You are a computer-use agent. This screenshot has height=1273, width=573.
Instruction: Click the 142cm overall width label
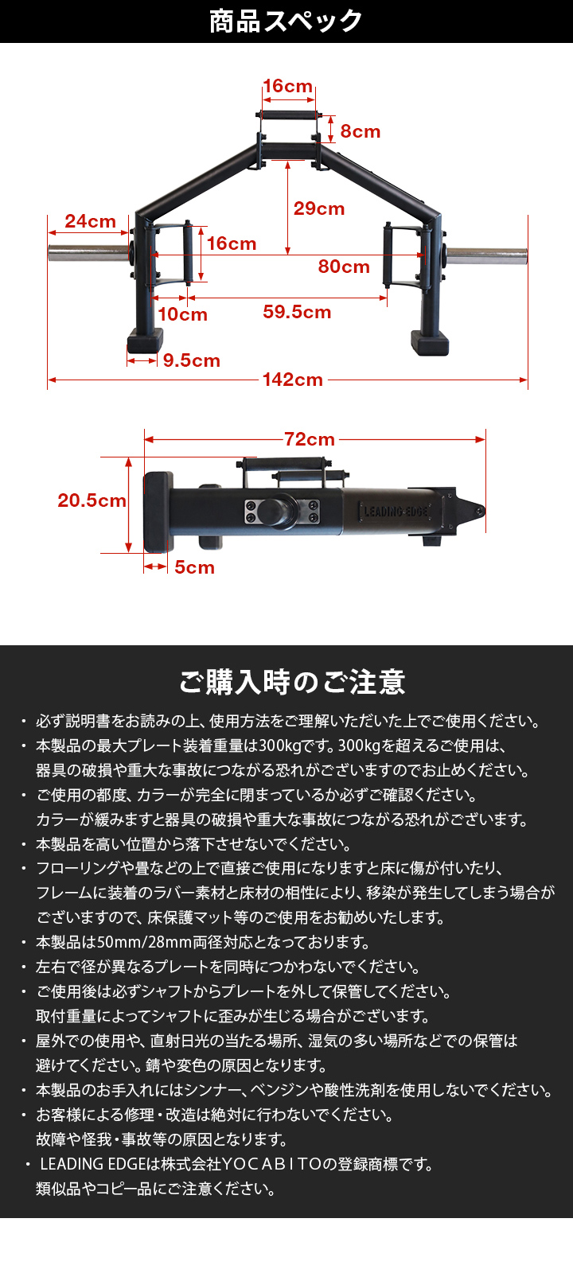pos(293,380)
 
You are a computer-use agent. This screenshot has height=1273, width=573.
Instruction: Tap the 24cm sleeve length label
pos(90,221)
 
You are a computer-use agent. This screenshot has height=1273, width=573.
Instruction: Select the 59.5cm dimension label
pos(297,312)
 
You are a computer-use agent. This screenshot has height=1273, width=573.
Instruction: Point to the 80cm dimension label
pos(344,267)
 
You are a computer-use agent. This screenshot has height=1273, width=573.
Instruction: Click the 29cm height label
pos(319,208)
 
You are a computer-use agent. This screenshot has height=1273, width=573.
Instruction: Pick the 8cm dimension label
pos(361,131)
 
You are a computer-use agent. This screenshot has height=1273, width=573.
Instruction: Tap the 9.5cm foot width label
pos(191,360)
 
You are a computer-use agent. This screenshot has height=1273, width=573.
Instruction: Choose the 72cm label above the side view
pos(310,439)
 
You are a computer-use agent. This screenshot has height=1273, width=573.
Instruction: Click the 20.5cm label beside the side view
pos(92,500)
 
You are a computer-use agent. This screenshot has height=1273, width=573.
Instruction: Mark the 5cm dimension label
pos(194,567)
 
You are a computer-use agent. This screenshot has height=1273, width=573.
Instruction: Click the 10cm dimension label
pos(182,314)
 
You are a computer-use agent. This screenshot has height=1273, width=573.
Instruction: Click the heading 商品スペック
pos(286,21)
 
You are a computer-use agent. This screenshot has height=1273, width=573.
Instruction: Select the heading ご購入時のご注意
pos(292,682)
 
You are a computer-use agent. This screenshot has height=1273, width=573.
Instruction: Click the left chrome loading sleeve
pos(88,255)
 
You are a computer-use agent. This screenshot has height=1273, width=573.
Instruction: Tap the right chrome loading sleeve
pos(486,255)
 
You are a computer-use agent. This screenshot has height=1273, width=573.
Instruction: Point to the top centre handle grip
pos(288,115)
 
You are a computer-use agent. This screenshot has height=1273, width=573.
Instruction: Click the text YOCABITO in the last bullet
pos(271,1164)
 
